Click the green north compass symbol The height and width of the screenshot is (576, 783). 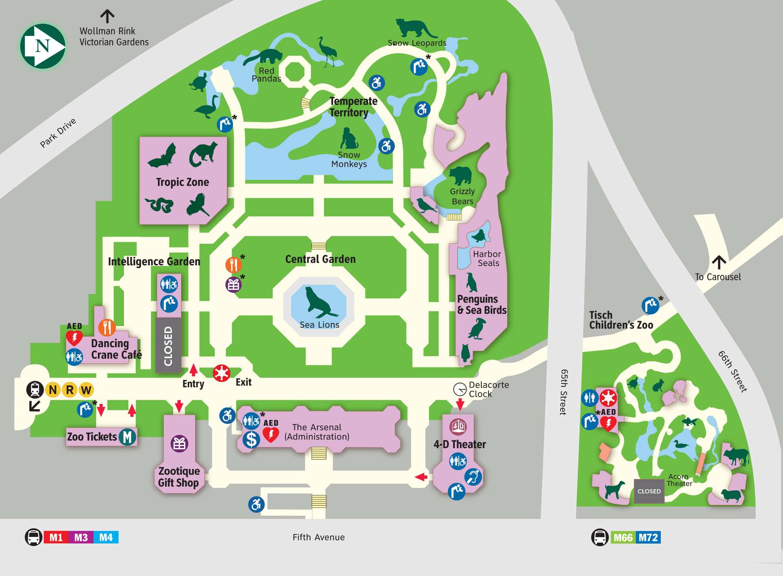[43, 46]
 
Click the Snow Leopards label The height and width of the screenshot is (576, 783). [417, 43]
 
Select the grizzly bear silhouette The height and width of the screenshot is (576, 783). [460, 175]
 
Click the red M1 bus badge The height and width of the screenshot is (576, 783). [56, 537]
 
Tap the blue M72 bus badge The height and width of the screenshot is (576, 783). [648, 537]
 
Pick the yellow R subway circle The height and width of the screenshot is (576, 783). [70, 390]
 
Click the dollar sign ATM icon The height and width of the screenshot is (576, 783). [251, 440]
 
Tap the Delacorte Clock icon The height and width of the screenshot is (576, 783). [460, 389]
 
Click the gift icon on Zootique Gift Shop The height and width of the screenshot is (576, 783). [179, 443]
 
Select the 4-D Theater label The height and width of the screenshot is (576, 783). [460, 444]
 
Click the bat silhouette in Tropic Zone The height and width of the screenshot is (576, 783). [162, 156]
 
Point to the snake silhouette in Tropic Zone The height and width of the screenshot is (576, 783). [159, 204]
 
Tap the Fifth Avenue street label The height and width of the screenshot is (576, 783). [319, 537]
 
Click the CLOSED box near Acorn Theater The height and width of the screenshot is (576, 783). [649, 491]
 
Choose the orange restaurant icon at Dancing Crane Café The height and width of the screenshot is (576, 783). [107, 327]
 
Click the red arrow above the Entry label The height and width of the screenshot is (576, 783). [193, 370]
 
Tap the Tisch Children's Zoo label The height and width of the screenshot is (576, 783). [621, 320]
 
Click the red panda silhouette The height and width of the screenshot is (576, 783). [263, 57]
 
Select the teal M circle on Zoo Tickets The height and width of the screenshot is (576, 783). [128, 437]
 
